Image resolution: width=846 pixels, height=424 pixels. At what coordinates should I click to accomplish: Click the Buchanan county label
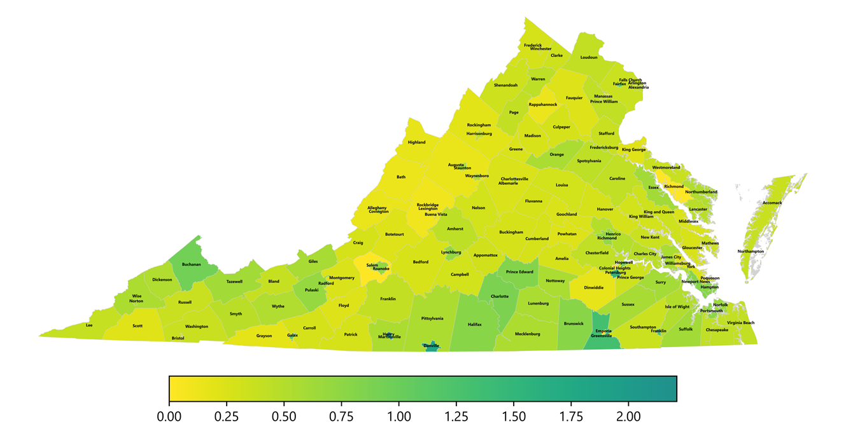(x=191, y=264)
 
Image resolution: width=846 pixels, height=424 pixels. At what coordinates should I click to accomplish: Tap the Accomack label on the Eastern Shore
(x=772, y=203)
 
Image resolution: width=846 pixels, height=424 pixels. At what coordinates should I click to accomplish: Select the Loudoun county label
(x=589, y=58)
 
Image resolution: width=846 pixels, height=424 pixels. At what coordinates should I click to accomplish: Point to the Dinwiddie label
(x=593, y=288)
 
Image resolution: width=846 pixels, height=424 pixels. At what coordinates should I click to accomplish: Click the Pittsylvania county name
(x=432, y=318)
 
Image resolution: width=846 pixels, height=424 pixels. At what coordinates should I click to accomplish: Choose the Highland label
(x=416, y=142)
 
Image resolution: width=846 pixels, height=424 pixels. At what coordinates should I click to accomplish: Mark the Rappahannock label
(x=543, y=105)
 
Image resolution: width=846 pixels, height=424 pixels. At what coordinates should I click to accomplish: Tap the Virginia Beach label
(x=740, y=323)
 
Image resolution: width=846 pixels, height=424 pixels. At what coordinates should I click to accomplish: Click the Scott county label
(x=137, y=326)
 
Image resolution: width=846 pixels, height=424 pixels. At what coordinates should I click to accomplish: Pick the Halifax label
(x=474, y=325)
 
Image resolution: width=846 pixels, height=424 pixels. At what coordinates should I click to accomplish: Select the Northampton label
(x=751, y=251)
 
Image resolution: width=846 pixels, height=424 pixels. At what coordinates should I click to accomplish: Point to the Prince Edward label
(x=519, y=272)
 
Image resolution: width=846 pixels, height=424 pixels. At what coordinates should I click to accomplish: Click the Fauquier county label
(x=574, y=98)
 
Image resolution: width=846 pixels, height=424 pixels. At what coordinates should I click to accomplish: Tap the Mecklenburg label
(x=527, y=334)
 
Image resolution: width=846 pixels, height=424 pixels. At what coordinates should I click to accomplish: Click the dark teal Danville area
(x=432, y=346)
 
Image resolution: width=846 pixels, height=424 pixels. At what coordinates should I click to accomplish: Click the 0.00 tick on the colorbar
(x=169, y=416)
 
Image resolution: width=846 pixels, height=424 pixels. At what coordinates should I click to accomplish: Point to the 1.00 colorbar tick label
(x=398, y=416)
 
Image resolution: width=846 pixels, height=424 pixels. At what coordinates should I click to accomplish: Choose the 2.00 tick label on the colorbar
(x=628, y=416)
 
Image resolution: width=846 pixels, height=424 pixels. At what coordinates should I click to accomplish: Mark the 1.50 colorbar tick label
(x=514, y=416)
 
